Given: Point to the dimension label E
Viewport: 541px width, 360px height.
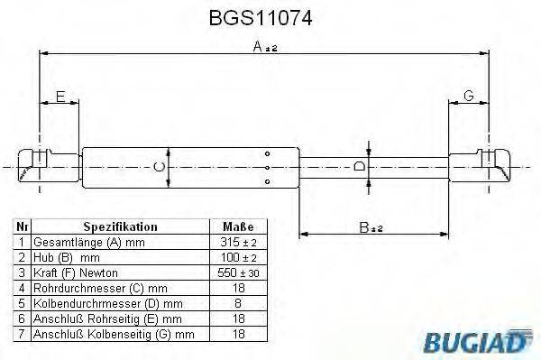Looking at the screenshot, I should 60,97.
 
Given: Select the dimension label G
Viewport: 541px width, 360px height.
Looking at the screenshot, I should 469,97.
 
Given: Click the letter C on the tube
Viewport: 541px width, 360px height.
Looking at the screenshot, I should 159,167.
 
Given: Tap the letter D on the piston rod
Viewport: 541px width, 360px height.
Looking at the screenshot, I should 359,167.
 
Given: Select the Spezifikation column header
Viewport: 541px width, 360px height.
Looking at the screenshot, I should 120,227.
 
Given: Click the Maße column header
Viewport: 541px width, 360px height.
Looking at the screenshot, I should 237,227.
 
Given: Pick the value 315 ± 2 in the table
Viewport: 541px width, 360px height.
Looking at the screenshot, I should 237,243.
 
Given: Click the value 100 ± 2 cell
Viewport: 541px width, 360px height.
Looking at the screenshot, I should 237,257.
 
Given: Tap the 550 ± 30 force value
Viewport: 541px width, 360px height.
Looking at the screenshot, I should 237,272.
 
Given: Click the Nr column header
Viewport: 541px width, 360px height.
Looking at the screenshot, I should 23,227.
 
